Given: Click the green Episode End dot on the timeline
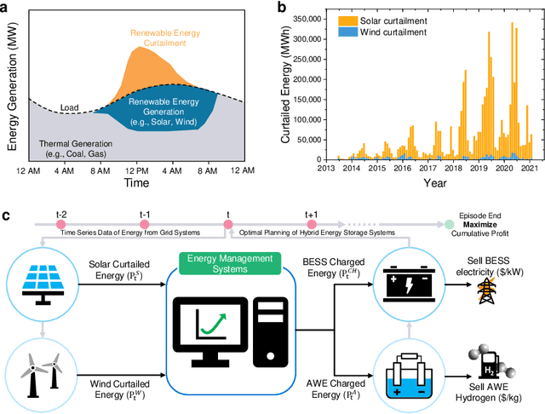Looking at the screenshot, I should tap(449, 225).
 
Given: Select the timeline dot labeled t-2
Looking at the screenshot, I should tap(60, 225).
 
